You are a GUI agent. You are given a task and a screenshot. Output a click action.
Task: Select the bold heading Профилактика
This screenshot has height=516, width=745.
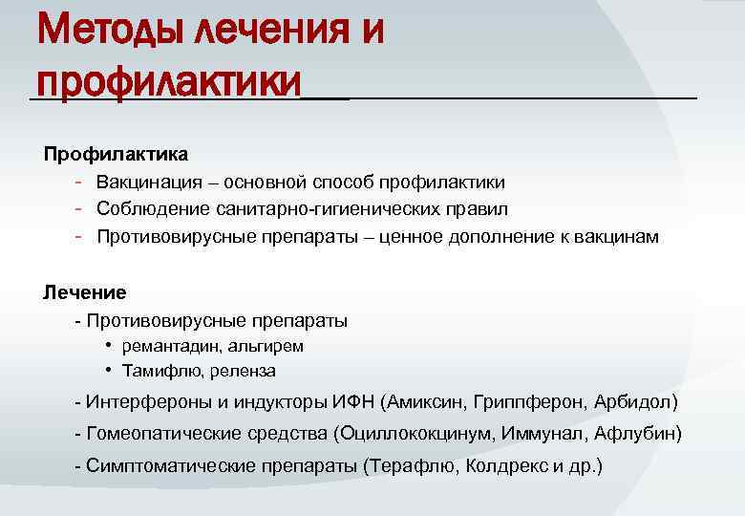coord(116,154)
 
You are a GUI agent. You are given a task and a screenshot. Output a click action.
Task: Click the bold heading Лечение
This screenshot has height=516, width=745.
coord(85,291)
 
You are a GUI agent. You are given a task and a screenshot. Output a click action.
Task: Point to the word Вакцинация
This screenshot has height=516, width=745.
coord(148,182)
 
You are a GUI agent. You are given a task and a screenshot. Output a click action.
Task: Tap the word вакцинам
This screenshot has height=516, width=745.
coord(618,236)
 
